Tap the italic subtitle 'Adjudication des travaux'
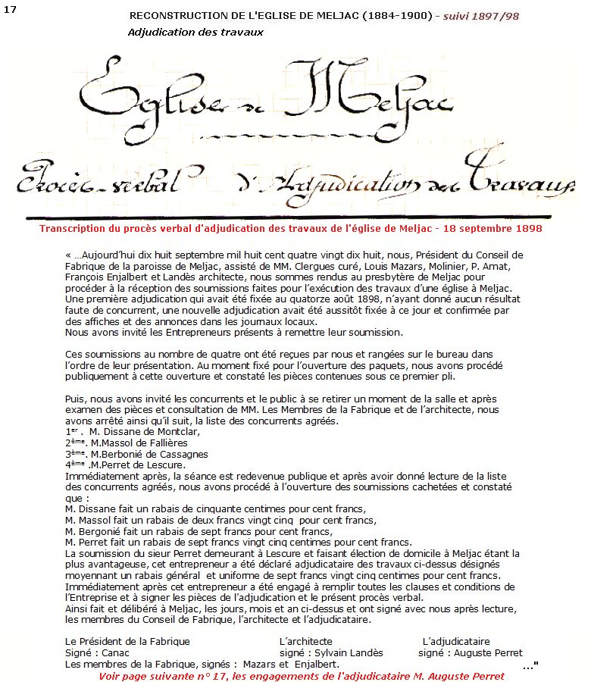[x=195, y=33]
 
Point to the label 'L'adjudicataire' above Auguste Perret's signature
[x=456, y=642]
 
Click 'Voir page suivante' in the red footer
[x=144, y=676]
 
